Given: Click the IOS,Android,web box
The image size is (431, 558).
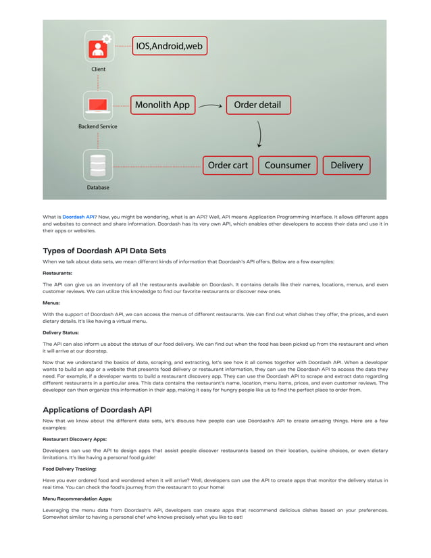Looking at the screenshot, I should pyautogui.click(x=169, y=46).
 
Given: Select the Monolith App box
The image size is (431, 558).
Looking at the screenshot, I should pyautogui.click(x=162, y=105).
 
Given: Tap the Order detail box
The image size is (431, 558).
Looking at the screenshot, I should pyautogui.click(x=257, y=105).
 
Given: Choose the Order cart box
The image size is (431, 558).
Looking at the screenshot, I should pyautogui.click(x=228, y=165).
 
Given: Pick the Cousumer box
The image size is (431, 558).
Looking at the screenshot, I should pyautogui.click(x=287, y=165).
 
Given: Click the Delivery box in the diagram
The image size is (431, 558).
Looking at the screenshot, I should pyautogui.click(x=346, y=165).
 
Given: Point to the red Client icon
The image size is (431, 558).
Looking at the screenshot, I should pyautogui.click(x=99, y=48).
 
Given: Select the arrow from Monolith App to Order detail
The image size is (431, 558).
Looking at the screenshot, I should pyautogui.click(x=211, y=106).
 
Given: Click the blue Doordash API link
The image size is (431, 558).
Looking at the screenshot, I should pyautogui.click(x=78, y=217).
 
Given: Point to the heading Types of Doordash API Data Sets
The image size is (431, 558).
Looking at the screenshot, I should pyautogui.click(x=104, y=251).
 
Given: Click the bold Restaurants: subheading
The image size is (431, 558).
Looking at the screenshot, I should pyautogui.click(x=57, y=273).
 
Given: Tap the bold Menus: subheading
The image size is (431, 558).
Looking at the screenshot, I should pyautogui.click(x=51, y=303).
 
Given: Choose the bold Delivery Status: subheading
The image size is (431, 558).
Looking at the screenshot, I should pyautogui.click(x=61, y=333).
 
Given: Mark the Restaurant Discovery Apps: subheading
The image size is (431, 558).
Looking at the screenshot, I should pyautogui.click(x=74, y=438).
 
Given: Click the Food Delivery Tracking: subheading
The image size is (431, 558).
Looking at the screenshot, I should pyautogui.click(x=70, y=468).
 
